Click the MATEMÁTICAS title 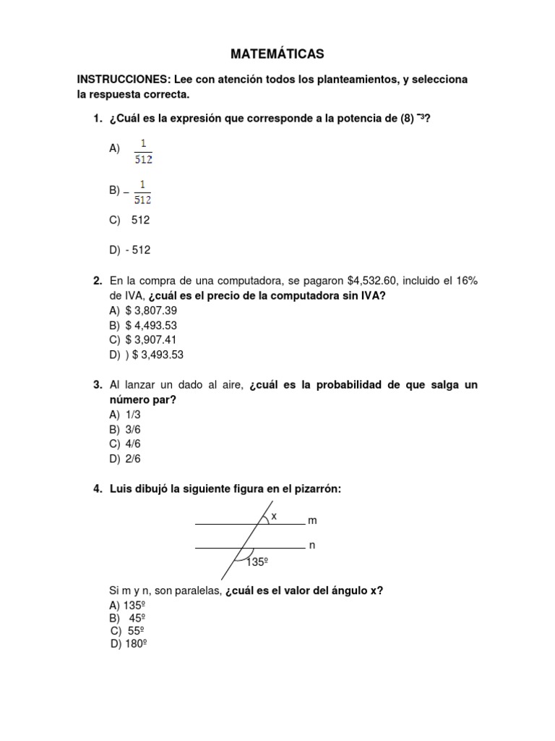pos(277,54)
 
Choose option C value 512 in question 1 pos(140,220)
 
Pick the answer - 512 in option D pos(138,250)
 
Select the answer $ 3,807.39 pos(151,310)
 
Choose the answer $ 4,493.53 pos(151,326)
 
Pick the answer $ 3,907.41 pos(151,340)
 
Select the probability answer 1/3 pos(133,415)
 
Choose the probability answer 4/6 pos(133,444)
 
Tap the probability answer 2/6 pos(133,459)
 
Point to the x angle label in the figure pos(274,516)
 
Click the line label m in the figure pos(312,521)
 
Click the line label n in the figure pos(312,546)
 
